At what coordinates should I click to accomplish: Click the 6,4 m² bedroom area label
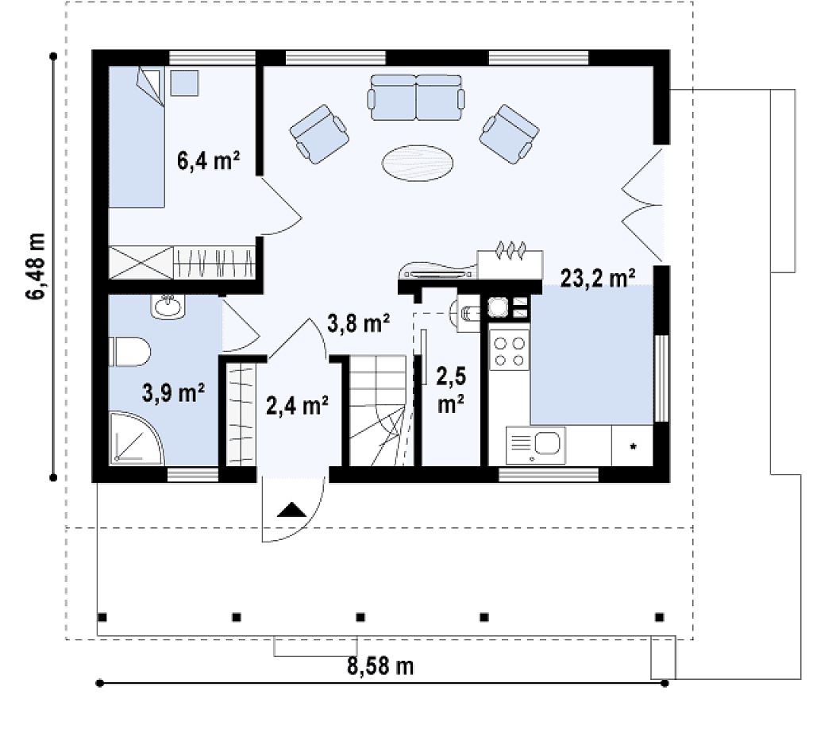pyautogui.click(x=209, y=160)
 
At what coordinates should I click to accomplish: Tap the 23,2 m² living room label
pyautogui.click(x=598, y=278)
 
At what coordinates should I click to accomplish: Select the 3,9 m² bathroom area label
pyautogui.click(x=173, y=392)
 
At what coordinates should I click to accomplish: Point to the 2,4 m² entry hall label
pyautogui.click(x=297, y=405)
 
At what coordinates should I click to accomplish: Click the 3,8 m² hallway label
pyautogui.click(x=359, y=324)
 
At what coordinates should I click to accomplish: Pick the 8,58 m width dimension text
pyautogui.click(x=380, y=666)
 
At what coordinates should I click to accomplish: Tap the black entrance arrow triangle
pyautogui.click(x=292, y=510)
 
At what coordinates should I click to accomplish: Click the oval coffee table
pyautogui.click(x=418, y=163)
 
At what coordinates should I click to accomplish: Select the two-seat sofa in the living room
pyautogui.click(x=416, y=97)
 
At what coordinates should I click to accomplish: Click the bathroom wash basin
pyautogui.click(x=168, y=306)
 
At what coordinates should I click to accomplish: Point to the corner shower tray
pyautogui.click(x=137, y=438)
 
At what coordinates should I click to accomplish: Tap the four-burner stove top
pyautogui.click(x=509, y=351)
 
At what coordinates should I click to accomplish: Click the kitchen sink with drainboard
pyautogui.click(x=536, y=445)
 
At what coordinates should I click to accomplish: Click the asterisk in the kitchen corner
pyautogui.click(x=633, y=446)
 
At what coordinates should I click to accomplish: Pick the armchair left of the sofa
pyautogui.click(x=319, y=133)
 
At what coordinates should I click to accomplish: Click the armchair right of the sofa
pyautogui.click(x=509, y=133)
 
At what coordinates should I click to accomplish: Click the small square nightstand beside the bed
pyautogui.click(x=184, y=83)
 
